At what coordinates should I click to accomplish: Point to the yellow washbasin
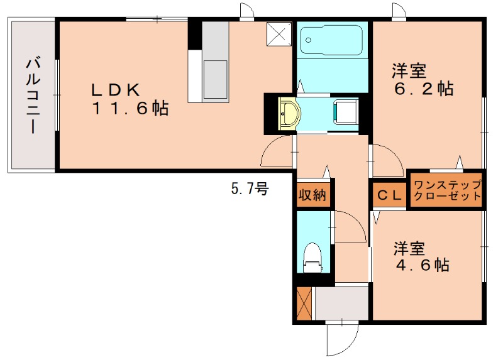(290, 114)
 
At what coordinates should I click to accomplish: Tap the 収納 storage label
(312, 195)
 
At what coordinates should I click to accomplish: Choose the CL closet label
(389, 195)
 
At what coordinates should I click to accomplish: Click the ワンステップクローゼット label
(446, 190)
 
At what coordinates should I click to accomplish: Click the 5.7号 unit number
(250, 188)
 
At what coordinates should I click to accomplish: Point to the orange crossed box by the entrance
(305, 303)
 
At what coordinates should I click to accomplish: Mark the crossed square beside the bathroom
(279, 35)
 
